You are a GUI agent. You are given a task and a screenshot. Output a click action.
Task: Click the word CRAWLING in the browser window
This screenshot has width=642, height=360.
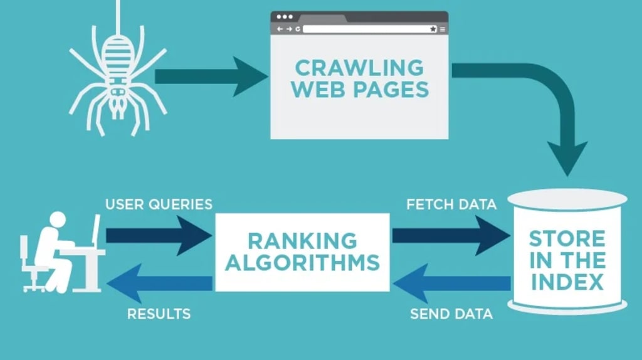[x=359, y=67]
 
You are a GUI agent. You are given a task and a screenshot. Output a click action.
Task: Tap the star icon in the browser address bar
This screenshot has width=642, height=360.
[x=433, y=29]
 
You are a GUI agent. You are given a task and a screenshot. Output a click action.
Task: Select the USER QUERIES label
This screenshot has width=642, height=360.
[x=159, y=204]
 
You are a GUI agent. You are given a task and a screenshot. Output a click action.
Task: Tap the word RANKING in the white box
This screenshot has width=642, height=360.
[x=302, y=240]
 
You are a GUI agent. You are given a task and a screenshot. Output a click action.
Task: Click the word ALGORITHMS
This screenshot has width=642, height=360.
[x=302, y=262]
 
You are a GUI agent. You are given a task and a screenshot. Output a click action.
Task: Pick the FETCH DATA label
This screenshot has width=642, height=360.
[x=451, y=204]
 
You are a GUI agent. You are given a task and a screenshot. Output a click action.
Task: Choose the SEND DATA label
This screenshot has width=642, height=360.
[x=451, y=314]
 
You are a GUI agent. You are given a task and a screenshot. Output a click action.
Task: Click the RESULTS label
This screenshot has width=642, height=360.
[x=159, y=314]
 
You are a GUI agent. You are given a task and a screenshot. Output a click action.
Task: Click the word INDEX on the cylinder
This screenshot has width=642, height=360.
[x=567, y=282]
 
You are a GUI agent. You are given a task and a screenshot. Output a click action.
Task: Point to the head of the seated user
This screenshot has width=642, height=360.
[x=57, y=220]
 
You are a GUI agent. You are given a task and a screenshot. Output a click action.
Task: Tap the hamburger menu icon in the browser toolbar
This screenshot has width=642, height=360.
[x=443, y=29]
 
